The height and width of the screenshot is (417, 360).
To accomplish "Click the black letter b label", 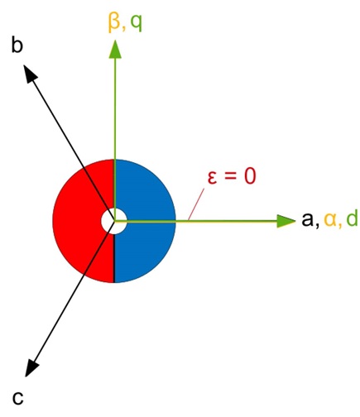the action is pos(17,45).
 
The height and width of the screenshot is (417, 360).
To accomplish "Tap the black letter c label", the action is pos(17,398).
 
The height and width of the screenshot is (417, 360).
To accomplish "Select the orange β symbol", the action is pos(114,23).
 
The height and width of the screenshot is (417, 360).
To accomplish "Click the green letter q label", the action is pos(136,24).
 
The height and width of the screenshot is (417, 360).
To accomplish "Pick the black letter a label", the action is pos(308,220).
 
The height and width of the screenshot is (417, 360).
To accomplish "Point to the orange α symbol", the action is pos(330,220).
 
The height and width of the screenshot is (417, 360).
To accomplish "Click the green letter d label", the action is pos(352,218).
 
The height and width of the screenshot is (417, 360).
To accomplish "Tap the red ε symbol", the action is pos(212,177).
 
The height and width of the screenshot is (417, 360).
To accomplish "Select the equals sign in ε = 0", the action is pos(230,177).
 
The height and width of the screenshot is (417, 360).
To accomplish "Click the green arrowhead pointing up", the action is pos(115,49).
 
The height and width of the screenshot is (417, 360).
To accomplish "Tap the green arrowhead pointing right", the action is pos(286,221).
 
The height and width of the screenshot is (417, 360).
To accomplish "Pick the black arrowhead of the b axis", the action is pos(31,73).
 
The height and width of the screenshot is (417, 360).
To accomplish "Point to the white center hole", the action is pos(114,221).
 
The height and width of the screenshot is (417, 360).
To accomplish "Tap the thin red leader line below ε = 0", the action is pos(196,204).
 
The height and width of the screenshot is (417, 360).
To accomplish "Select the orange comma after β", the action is pos(123,29).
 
